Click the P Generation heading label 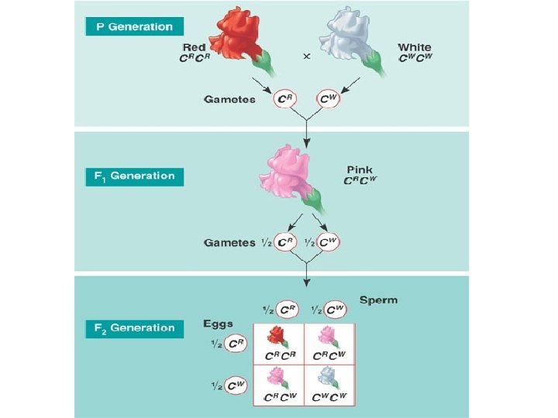pyautogui.click(x=134, y=26)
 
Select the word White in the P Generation pyautogui.click(x=415, y=48)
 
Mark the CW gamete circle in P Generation pyautogui.click(x=329, y=99)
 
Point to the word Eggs pyautogui.click(x=219, y=323)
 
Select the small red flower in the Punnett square pyautogui.click(x=277, y=336)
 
